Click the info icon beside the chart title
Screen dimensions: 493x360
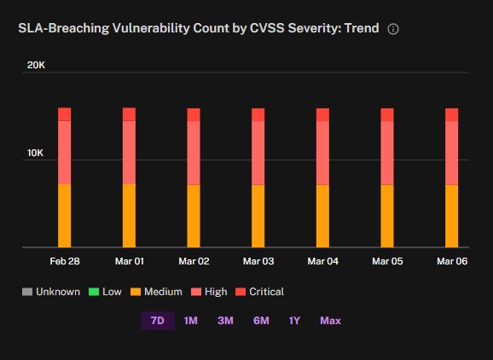tap(393, 29)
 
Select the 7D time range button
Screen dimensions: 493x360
tap(158, 321)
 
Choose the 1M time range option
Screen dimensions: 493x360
tap(190, 321)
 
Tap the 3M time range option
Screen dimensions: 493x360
tap(225, 321)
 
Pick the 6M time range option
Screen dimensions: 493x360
tap(261, 321)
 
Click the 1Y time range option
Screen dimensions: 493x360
tap(294, 321)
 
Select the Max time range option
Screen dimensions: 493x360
tap(330, 321)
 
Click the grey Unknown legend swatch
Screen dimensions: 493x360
tap(27, 292)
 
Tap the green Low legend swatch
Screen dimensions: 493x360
tap(94, 292)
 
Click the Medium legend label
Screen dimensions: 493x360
tap(163, 292)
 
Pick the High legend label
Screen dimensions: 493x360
tap(216, 292)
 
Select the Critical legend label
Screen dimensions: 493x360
tap(267, 292)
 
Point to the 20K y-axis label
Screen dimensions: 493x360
tap(36, 65)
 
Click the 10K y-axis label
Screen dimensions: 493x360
tap(36, 153)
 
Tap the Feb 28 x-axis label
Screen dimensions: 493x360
tap(65, 261)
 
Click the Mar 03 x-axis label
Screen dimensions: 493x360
tap(258, 261)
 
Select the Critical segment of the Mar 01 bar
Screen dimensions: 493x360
tap(129, 114)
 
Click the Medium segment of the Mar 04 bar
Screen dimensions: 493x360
tap(322, 216)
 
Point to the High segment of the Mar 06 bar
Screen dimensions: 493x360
tap(451, 153)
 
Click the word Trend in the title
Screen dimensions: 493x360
tap(362, 28)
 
